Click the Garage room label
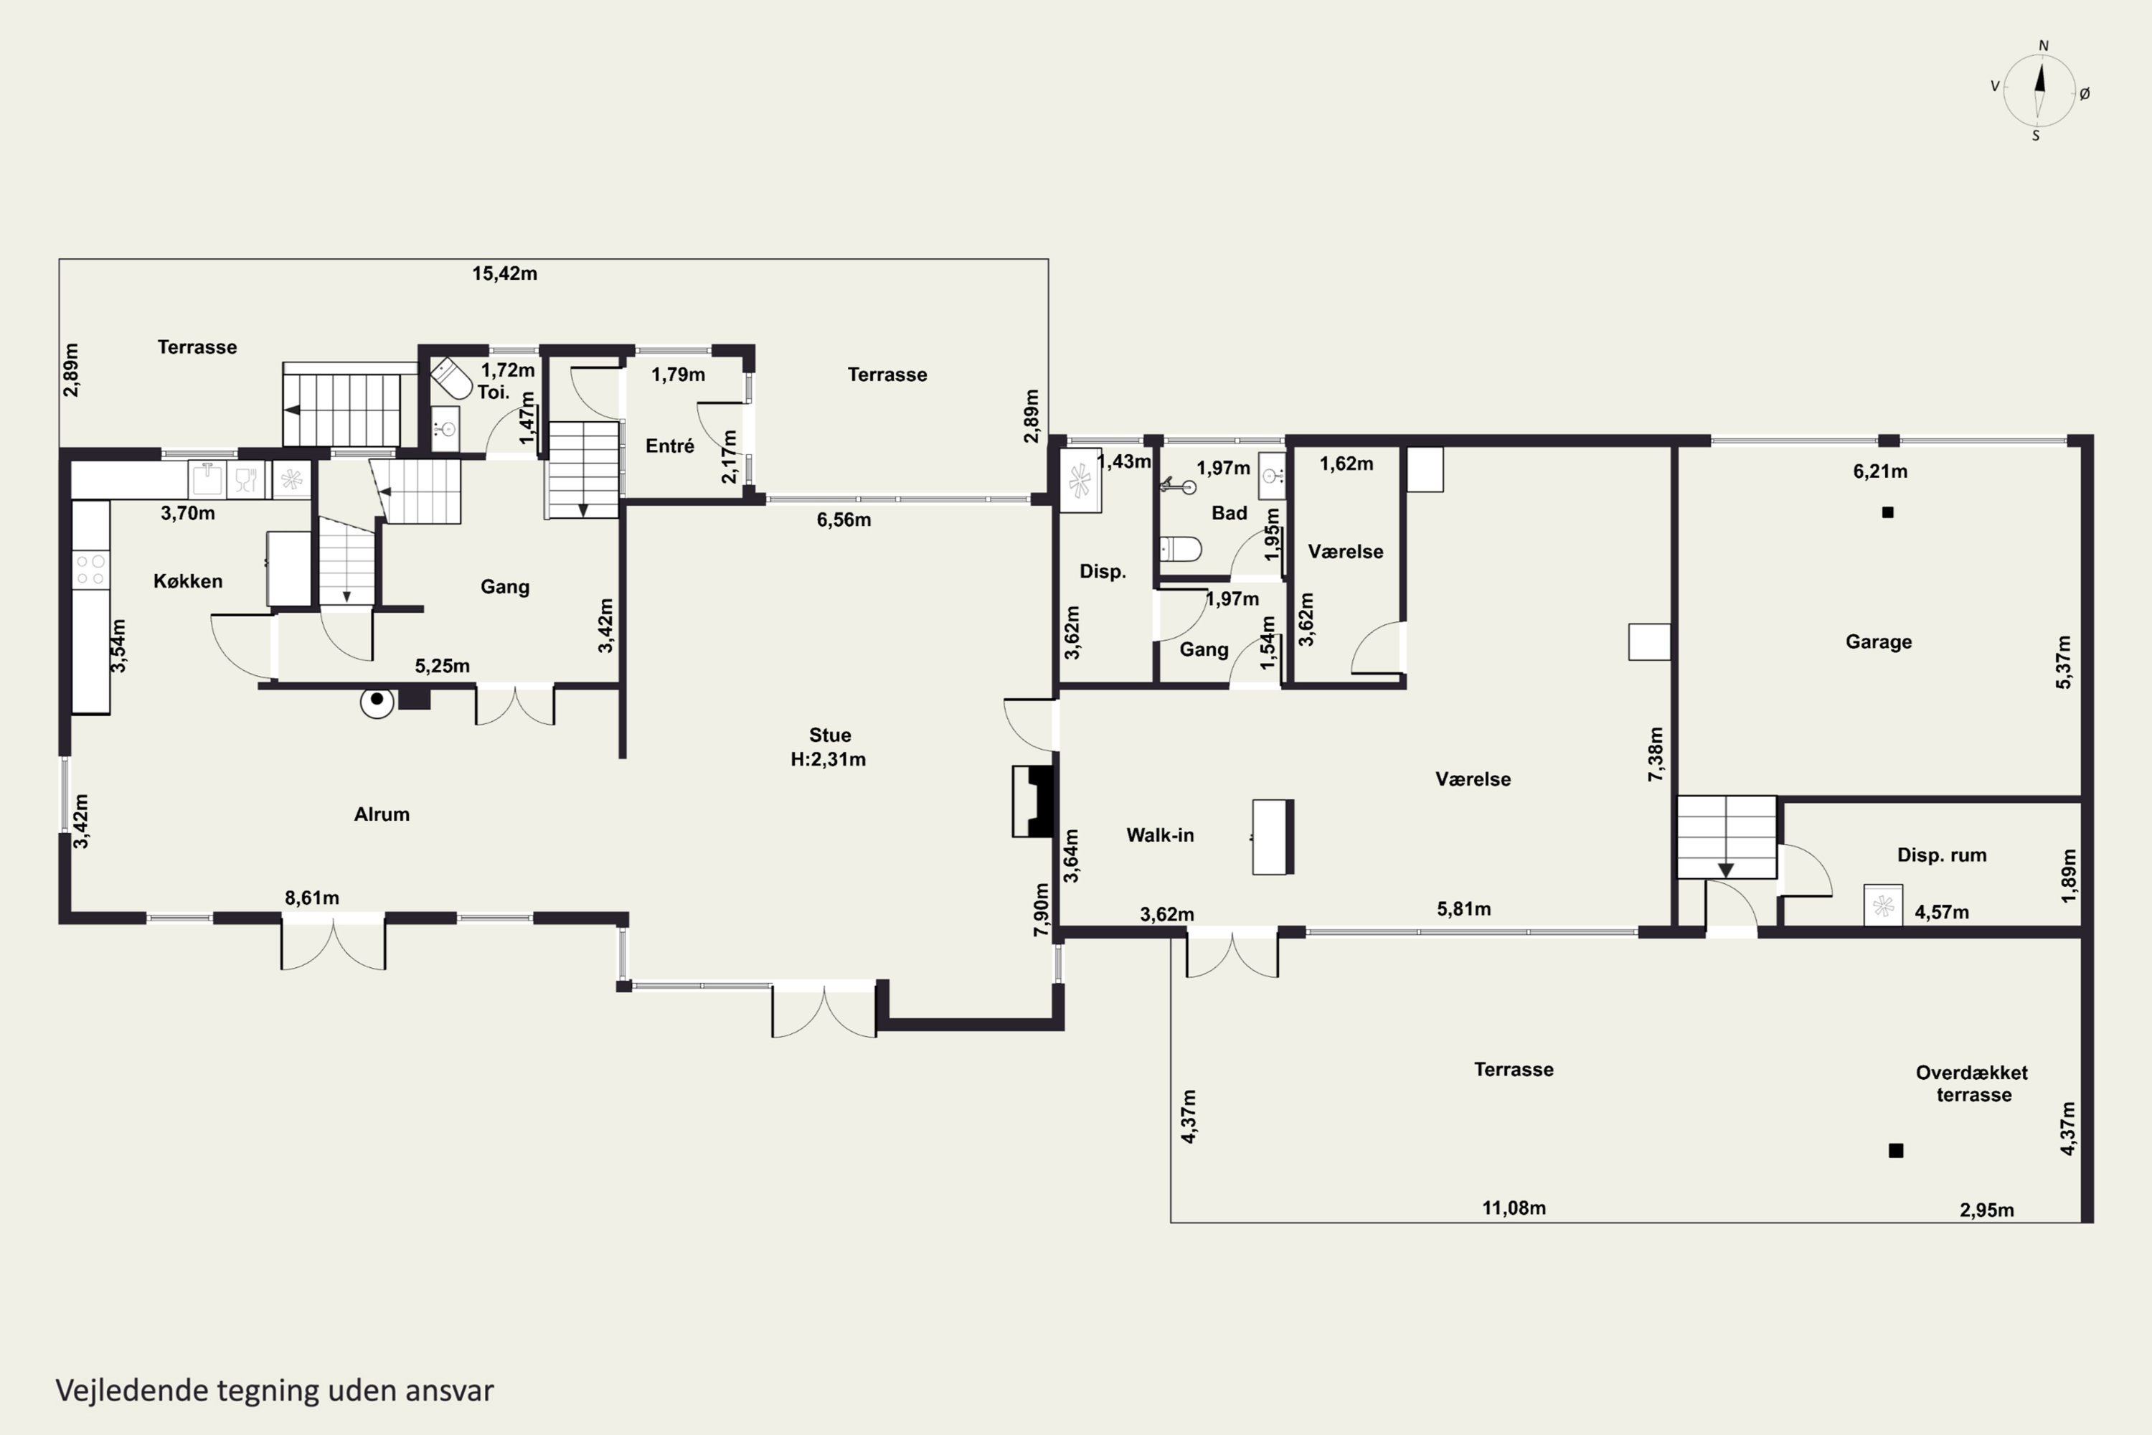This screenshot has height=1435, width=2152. point(1879,641)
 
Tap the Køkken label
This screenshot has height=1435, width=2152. point(187,581)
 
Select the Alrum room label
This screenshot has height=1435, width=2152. point(382,814)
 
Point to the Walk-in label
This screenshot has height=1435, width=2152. point(1159,834)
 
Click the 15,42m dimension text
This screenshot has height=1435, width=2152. point(504,273)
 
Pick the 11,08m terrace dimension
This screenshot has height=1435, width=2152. point(1514,1208)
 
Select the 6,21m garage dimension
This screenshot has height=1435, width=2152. point(1880,471)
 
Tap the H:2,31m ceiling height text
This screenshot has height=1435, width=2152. point(828,760)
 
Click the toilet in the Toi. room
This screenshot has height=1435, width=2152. point(450,378)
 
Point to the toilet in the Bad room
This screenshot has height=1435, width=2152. point(1180,549)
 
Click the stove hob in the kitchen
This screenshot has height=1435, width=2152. point(90,569)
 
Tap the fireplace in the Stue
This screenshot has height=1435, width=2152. point(1033,801)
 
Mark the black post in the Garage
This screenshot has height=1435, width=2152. point(1887,512)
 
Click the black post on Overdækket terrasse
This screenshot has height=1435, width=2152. point(1896,1150)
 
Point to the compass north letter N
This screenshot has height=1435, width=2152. point(2043,46)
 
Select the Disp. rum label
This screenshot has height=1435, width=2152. point(1942,855)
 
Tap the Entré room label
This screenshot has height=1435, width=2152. point(670,446)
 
